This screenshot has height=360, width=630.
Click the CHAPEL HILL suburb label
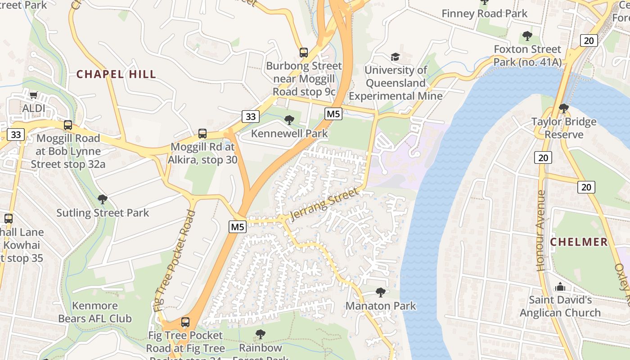pos(116,74)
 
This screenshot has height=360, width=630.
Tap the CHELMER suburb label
pos(579,242)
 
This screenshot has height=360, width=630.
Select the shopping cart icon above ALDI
pos(33,95)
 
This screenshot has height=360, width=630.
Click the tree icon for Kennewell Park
pos(289,120)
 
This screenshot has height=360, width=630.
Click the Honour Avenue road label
pos(541,230)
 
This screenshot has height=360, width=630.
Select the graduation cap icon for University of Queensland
pos(395,57)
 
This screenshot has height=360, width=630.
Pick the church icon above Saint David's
pos(560,287)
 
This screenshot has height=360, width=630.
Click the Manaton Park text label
pos(381,306)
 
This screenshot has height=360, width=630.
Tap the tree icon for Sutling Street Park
pos(103,199)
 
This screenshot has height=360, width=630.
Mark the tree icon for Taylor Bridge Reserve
pos(563,108)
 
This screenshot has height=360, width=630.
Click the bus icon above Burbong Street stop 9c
pos(304,52)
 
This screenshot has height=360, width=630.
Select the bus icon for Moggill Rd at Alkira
pos(202,133)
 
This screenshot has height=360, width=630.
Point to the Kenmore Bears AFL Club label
pos(95,312)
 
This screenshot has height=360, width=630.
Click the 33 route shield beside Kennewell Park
pos(250,117)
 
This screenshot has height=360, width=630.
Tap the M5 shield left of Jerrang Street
pos(238,227)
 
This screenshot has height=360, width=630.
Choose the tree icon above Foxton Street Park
pos(527,36)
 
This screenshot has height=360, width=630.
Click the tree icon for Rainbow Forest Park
pos(260,334)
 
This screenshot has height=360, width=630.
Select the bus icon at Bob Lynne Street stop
pos(68,125)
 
